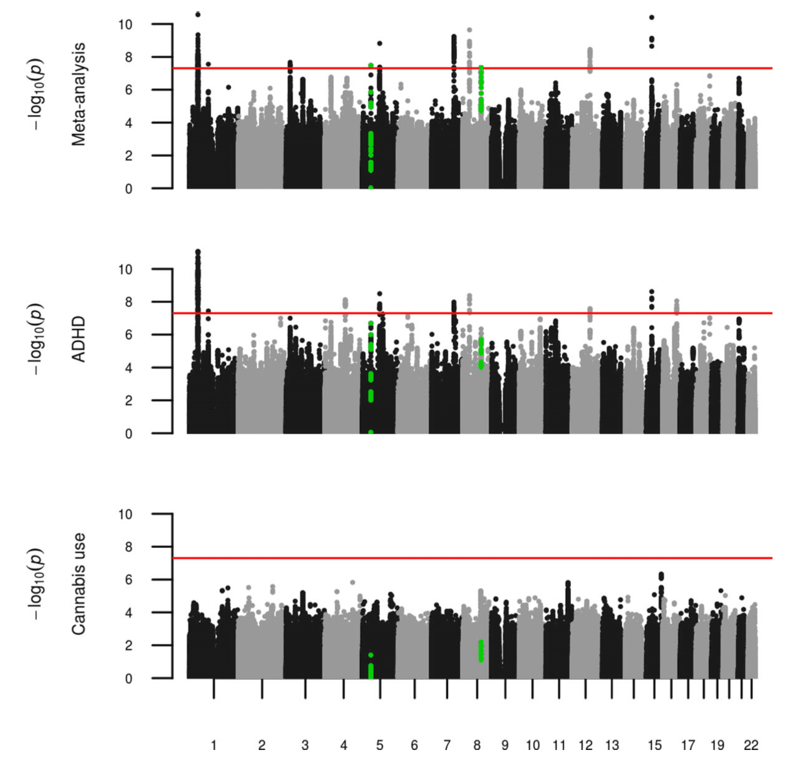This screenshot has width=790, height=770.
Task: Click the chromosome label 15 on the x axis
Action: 654,745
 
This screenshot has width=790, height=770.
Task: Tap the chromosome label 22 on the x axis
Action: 751,745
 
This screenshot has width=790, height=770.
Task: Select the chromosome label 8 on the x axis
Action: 477,745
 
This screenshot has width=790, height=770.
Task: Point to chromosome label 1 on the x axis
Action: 213,745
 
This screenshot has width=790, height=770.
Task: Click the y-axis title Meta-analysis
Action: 78,94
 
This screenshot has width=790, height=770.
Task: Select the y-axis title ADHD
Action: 78,339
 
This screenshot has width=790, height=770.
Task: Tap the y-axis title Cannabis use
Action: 78,584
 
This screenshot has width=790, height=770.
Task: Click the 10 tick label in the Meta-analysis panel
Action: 125,24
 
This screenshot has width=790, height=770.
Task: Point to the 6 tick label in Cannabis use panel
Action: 128,580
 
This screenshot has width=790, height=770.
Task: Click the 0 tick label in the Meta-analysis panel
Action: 128,189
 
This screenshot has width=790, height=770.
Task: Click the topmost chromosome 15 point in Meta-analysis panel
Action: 652,18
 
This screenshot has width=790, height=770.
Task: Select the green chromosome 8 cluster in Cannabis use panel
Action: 481,651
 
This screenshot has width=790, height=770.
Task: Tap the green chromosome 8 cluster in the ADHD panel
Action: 481,353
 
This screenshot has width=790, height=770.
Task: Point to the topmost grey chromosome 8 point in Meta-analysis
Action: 469,30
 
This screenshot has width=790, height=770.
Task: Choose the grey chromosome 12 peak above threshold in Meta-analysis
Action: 589,59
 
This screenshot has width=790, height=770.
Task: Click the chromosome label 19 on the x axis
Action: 717,745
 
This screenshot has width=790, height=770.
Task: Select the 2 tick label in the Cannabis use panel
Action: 128,646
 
